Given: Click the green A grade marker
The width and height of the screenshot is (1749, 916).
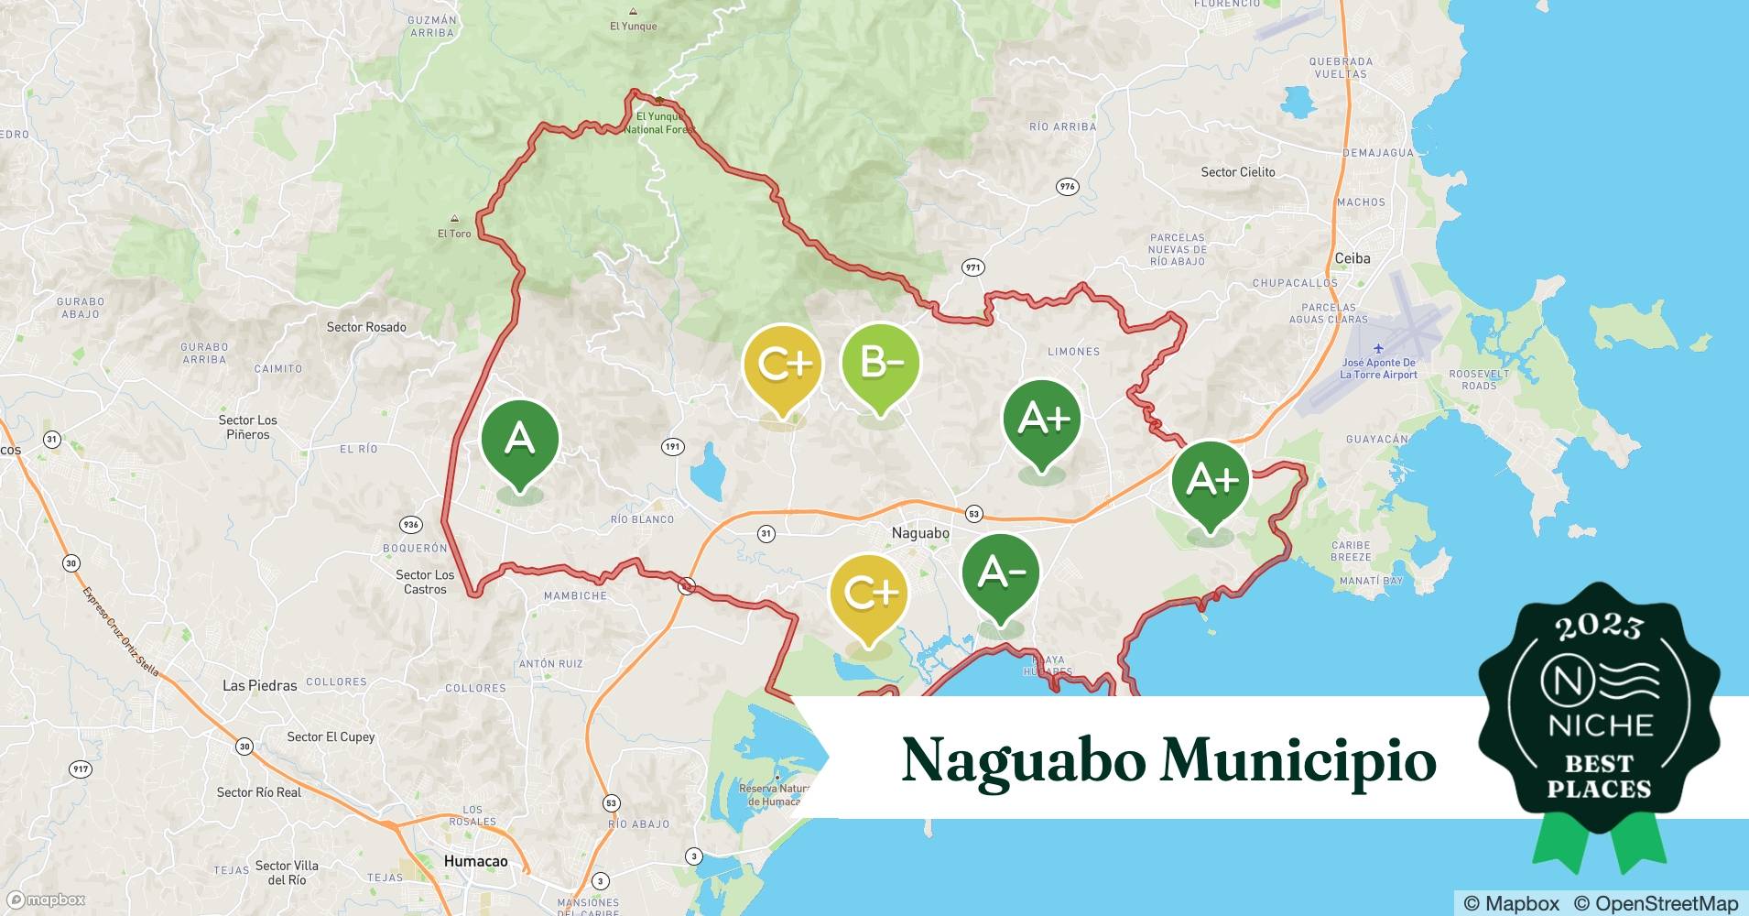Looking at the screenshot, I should pyautogui.click(x=519, y=442).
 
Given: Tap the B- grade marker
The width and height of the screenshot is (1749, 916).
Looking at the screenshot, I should pyautogui.click(x=880, y=365).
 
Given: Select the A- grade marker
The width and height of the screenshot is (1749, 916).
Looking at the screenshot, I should pyautogui.click(x=1001, y=573).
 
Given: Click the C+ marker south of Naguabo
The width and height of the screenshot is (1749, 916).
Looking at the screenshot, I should pyautogui.click(x=868, y=594).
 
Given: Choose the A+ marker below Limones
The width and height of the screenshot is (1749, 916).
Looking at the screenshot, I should pyautogui.click(x=1042, y=420).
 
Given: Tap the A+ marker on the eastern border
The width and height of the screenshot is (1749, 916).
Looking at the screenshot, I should pyautogui.click(x=1211, y=480).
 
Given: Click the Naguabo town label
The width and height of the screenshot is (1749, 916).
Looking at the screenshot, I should pyautogui.click(x=920, y=533).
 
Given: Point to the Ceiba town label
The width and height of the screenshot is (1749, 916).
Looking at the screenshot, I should pyautogui.click(x=1352, y=258).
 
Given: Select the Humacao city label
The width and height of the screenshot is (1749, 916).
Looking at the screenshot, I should pyautogui.click(x=475, y=861).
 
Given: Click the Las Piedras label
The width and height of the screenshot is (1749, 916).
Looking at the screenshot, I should pyautogui.click(x=260, y=685).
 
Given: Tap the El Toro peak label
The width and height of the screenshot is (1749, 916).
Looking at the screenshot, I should pyautogui.click(x=454, y=234).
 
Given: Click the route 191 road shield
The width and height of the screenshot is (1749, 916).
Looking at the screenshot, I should pyautogui.click(x=673, y=447).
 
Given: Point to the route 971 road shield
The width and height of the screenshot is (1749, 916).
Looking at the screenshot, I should pyautogui.click(x=972, y=267).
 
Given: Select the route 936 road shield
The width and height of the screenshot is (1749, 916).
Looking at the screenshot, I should pyautogui.click(x=410, y=525).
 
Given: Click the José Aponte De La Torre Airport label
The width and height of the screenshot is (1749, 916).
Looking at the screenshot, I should pyautogui.click(x=1378, y=368).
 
